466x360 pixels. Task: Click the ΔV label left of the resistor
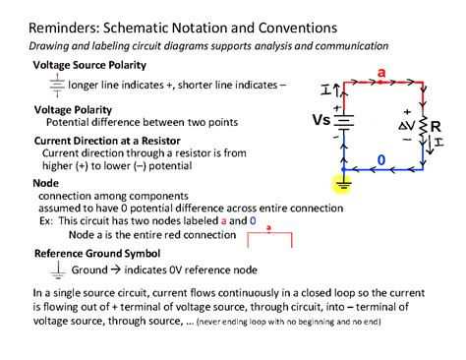(404, 128)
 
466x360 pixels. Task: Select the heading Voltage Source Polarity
(89, 65)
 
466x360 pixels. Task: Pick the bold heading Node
(46, 183)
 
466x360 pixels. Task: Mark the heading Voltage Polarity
(73, 109)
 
